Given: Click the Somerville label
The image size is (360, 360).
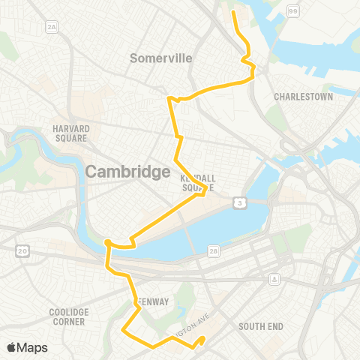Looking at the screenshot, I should click(x=161, y=58).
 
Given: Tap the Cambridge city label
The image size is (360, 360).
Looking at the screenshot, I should click(x=127, y=172).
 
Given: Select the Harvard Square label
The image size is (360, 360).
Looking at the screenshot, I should click(x=71, y=133).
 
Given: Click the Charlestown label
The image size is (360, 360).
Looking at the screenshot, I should click(x=303, y=97).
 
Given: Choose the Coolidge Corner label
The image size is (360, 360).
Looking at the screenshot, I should click(x=69, y=316).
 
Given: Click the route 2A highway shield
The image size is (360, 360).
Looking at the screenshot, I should click(x=52, y=28).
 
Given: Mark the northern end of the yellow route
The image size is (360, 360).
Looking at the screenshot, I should click(x=232, y=12).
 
